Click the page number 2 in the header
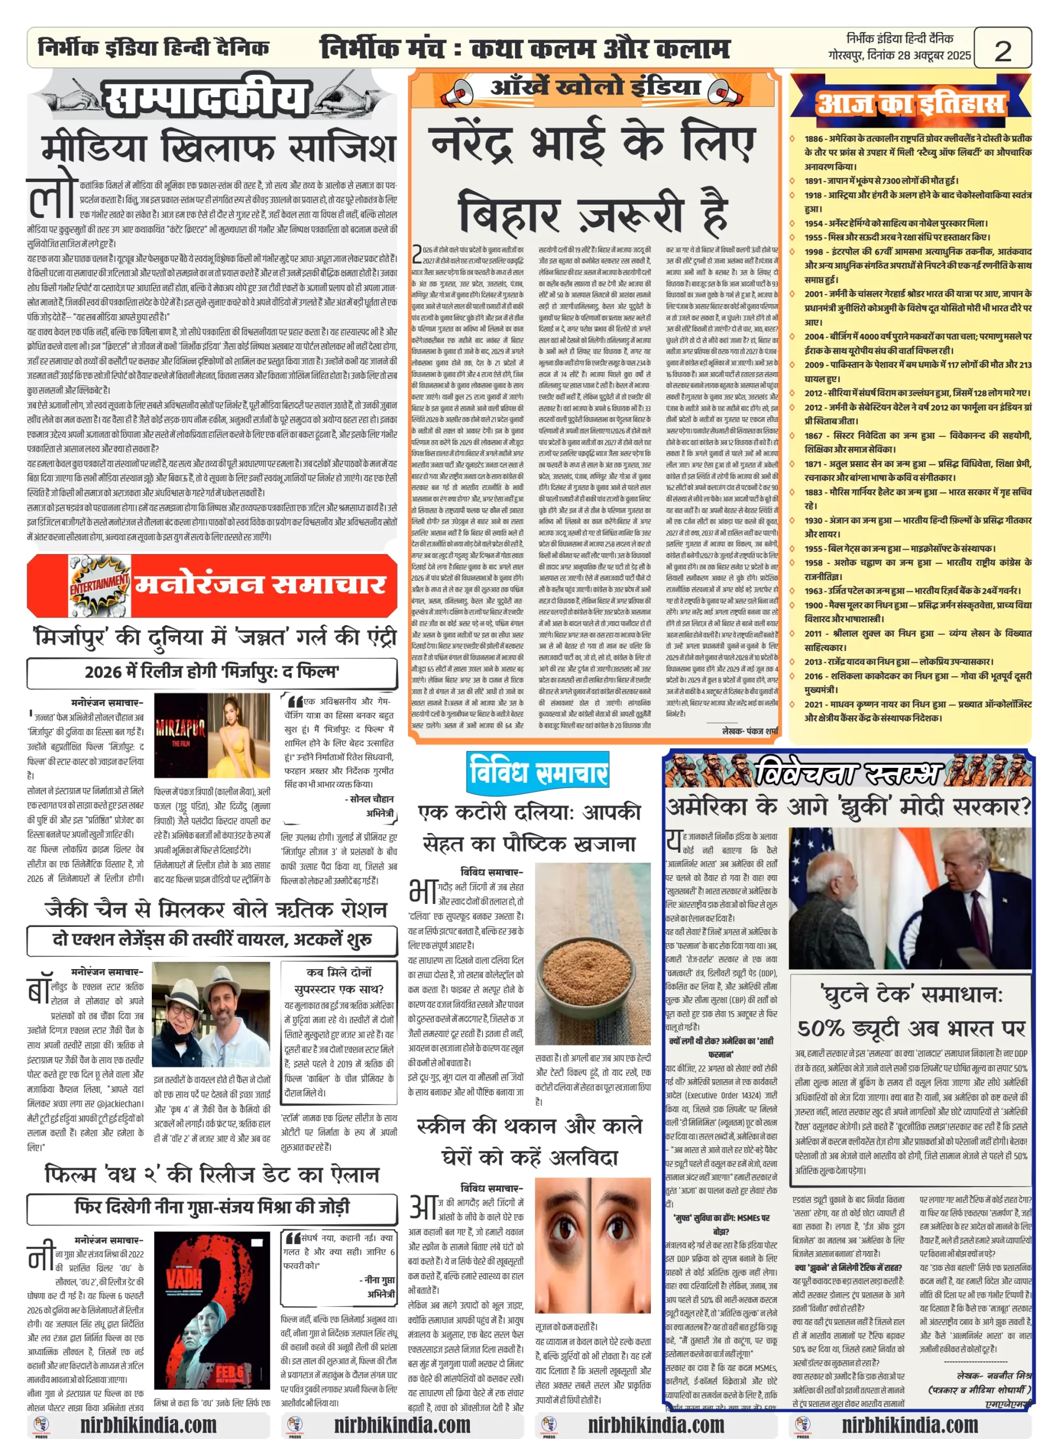(1002, 50)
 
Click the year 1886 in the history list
(813, 138)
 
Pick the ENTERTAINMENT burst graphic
(99, 585)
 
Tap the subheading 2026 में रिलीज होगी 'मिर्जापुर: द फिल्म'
(211, 672)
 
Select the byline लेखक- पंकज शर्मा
(749, 731)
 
